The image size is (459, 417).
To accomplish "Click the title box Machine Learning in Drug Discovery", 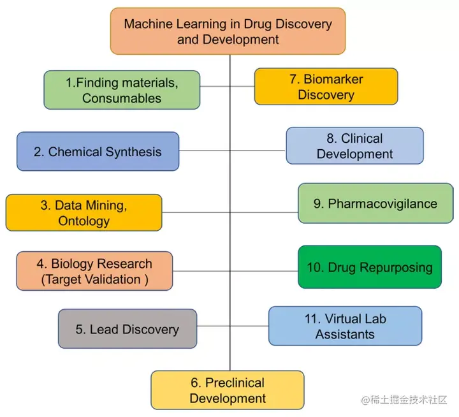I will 228,31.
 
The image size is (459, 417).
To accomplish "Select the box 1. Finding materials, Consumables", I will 122,90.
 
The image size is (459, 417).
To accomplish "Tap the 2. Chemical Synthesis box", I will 98,152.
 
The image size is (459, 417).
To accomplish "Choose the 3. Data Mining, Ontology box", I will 84,213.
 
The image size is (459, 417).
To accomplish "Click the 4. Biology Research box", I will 94,271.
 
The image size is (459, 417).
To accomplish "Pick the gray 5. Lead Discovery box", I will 127,329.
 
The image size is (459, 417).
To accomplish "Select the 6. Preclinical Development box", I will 228,390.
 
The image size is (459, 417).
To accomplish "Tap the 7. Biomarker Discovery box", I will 326,87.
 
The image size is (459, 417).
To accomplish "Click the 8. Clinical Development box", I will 354,146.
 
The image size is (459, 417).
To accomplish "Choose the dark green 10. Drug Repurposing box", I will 370,267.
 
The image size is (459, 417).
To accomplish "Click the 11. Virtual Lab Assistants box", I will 345,326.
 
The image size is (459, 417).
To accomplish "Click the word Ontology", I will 84,221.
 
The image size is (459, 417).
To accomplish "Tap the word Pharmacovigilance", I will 382,203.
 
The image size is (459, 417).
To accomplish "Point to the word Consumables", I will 122,98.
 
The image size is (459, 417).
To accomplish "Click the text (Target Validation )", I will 94,279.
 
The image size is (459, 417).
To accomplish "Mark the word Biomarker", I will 333,79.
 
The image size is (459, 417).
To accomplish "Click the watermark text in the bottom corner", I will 405,400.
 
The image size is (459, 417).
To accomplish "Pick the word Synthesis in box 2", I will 132,152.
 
